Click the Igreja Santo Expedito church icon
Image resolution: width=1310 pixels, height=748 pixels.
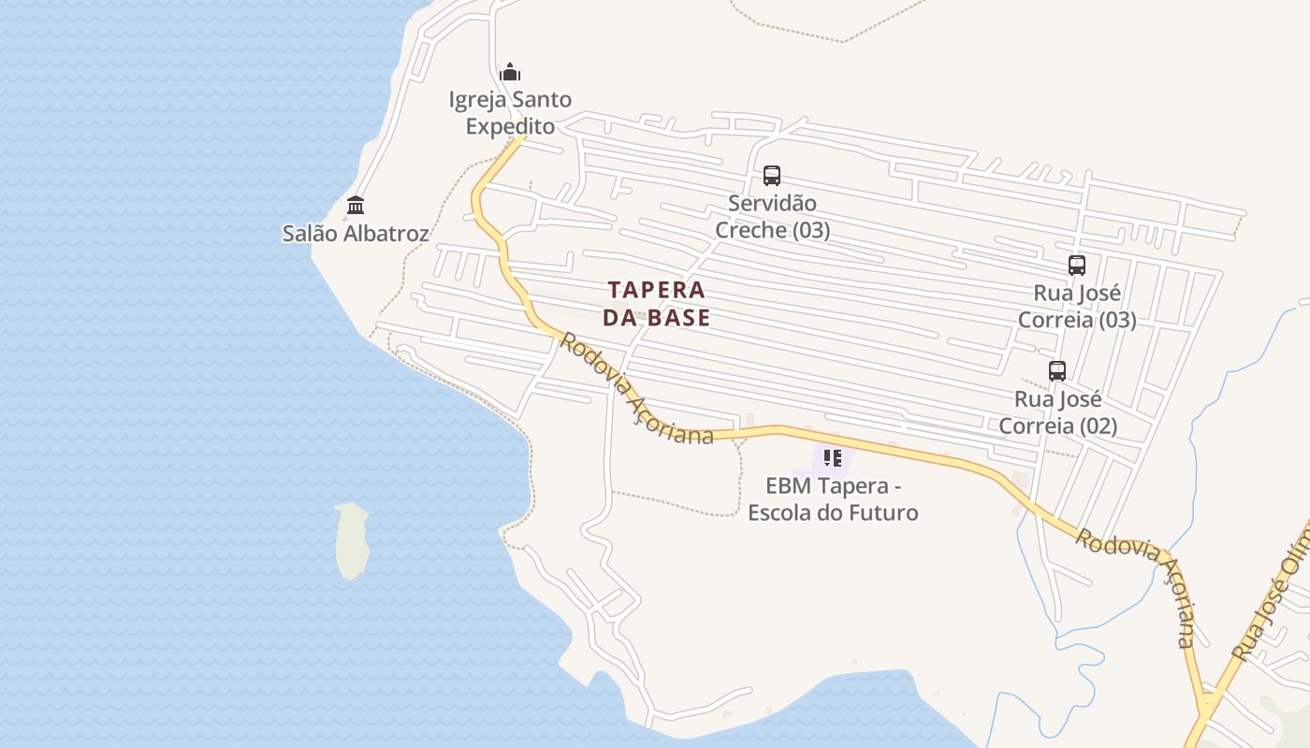coord(510,72)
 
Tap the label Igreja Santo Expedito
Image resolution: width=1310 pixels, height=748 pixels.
coord(510,112)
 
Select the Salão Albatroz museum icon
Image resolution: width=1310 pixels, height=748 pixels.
coord(356,205)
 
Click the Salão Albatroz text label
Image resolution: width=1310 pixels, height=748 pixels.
coord(356,233)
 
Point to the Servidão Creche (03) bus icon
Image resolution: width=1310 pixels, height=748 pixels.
coord(772,175)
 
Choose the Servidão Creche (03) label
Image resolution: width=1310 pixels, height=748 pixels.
coord(773,216)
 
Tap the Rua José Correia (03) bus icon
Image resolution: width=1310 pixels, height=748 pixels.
coord(1077,266)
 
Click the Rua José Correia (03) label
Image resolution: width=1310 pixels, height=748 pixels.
coord(1077,307)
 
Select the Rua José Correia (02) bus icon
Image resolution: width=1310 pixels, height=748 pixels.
coord(1057,371)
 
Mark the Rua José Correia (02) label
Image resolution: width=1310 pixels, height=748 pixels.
coord(1058,412)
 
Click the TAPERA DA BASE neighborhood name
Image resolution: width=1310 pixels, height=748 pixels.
coord(657,303)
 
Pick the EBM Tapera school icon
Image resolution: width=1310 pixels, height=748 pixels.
coord(832,458)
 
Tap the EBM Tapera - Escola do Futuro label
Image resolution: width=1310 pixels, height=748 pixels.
coord(833,499)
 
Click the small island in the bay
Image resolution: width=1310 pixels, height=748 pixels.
coord(352,540)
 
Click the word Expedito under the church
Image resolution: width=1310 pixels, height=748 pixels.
coord(510,126)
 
